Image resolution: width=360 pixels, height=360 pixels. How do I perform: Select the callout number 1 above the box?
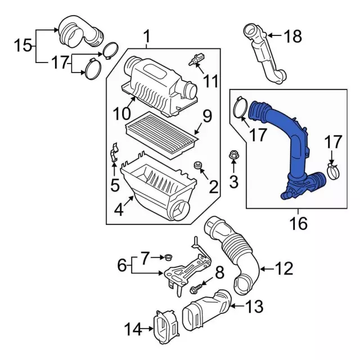[x=147, y=38]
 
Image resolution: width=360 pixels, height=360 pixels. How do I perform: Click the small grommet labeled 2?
[x=197, y=166]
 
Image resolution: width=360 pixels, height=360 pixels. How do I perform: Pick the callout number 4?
[x=119, y=211]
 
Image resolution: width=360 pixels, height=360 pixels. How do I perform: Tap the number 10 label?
[x=120, y=114]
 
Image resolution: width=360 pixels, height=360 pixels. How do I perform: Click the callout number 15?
[x=23, y=44]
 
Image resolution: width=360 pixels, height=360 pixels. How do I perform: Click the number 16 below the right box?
[x=299, y=224]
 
